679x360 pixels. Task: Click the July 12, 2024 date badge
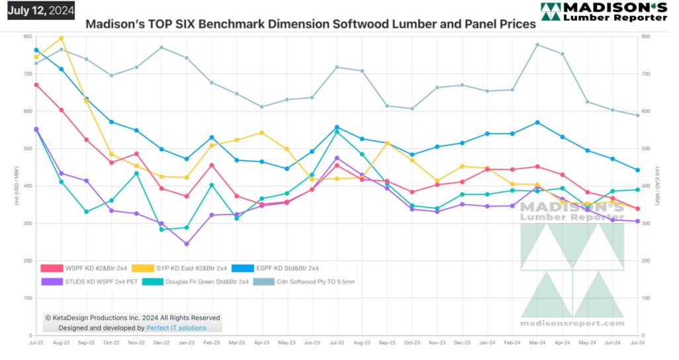tap(41, 10)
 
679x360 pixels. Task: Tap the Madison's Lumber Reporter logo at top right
tap(604, 12)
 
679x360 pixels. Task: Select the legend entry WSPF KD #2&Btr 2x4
tap(85, 268)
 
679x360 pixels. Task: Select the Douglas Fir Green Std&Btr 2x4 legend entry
tap(191, 282)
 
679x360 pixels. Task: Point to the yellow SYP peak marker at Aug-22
tap(61, 38)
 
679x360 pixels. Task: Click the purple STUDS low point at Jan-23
tap(187, 244)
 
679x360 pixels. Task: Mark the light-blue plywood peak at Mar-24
tap(537, 45)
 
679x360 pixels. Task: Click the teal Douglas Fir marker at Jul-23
tap(337, 132)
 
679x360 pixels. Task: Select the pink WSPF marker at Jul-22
tap(36, 85)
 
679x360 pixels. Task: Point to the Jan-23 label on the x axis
tap(187, 343)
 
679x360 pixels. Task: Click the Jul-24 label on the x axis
tap(637, 343)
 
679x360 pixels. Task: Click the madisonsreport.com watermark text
tap(573, 324)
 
